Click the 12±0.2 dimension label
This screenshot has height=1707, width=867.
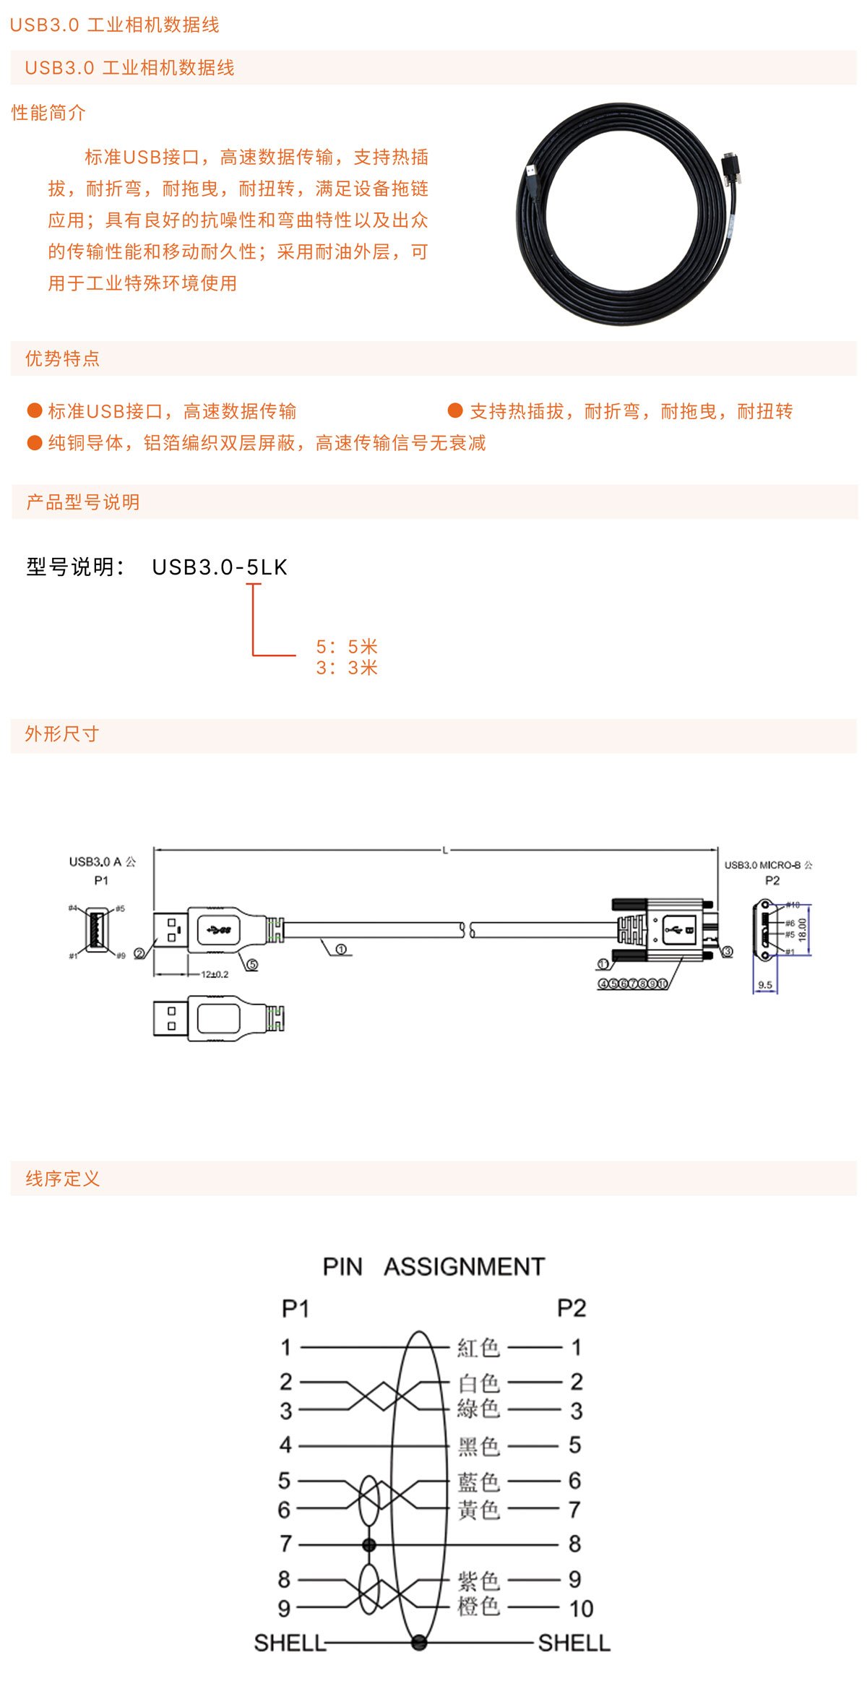(x=215, y=974)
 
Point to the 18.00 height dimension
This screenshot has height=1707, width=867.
(x=802, y=929)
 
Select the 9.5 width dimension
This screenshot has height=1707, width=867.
(x=765, y=985)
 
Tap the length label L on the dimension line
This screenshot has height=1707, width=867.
(x=445, y=851)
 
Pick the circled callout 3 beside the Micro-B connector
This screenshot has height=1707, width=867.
(x=728, y=952)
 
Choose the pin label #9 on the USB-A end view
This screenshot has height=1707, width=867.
(x=121, y=955)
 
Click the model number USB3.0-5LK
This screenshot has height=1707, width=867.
(x=220, y=567)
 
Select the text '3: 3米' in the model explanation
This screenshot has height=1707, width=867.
(x=347, y=668)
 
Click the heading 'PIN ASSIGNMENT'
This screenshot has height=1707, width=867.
(x=433, y=1267)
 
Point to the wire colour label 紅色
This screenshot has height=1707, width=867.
(x=478, y=1347)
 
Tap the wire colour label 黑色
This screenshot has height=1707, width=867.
(x=478, y=1445)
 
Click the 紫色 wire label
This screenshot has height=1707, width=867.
(x=478, y=1580)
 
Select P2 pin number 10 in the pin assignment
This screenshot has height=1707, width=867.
(x=581, y=1609)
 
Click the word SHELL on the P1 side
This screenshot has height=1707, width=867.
(x=290, y=1643)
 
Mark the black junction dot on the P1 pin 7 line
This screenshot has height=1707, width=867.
(x=369, y=1545)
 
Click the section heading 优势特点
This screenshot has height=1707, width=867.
(x=63, y=358)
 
